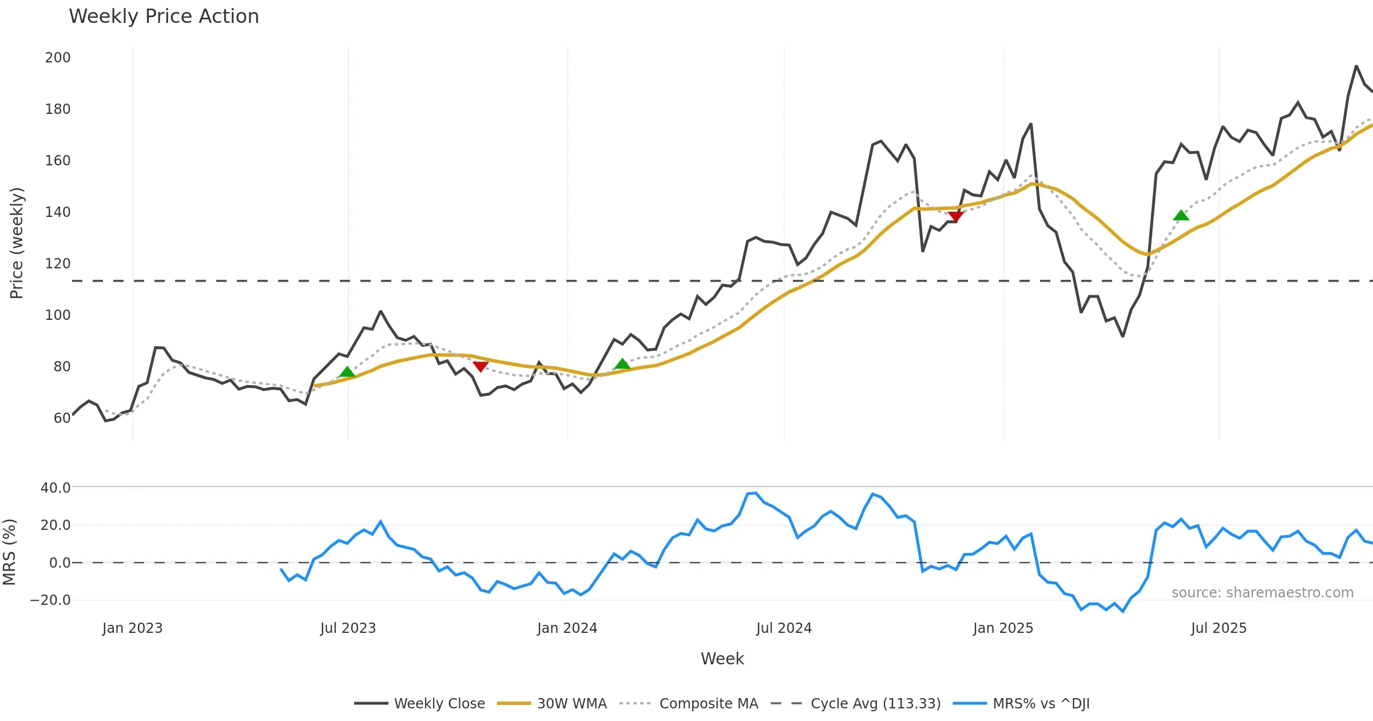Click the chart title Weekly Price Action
click(164, 17)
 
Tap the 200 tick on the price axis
click(58, 58)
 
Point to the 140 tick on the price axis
click(58, 212)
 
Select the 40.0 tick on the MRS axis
click(55, 488)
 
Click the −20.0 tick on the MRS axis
click(50, 600)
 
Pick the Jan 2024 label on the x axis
click(567, 628)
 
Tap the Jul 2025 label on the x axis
click(1219, 628)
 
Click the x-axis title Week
click(722, 659)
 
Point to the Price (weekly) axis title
click(17, 243)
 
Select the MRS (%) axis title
click(9, 552)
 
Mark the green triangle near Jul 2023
click(347, 373)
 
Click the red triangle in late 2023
click(481, 366)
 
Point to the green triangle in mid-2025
click(1181, 215)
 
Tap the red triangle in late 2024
click(955, 216)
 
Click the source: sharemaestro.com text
click(1262, 593)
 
